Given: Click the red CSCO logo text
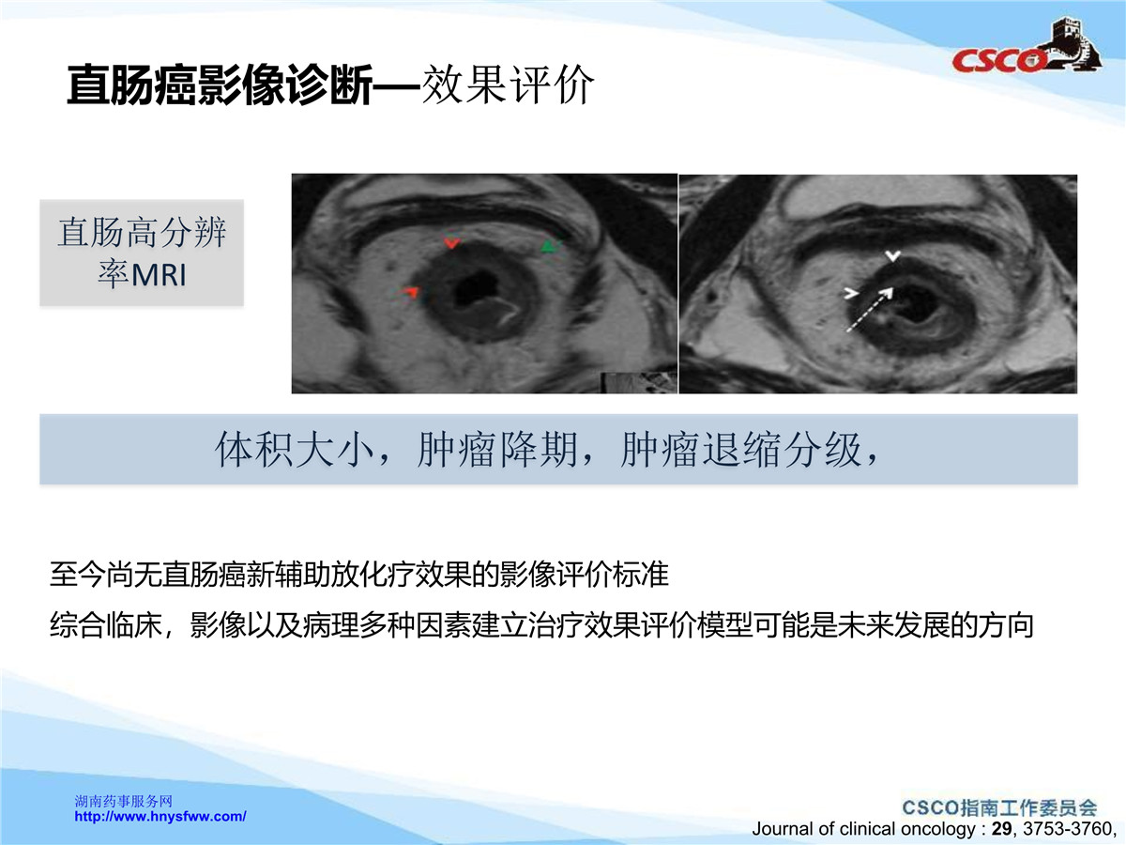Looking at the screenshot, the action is click(997, 60).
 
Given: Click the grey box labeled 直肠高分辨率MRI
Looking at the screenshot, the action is click(142, 253).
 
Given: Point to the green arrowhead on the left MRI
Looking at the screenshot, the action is click(552, 246).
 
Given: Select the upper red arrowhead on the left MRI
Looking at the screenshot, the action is click(451, 242).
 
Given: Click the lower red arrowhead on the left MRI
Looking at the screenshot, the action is click(410, 292).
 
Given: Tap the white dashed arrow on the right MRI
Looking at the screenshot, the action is click(870, 310).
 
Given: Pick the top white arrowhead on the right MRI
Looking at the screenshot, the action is click(893, 255).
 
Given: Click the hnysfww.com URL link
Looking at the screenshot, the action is click(160, 816).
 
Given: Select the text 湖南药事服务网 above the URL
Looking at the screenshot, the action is click(123, 802).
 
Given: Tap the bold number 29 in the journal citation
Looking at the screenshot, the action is click(1002, 829).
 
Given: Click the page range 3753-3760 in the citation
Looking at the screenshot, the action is click(1066, 829).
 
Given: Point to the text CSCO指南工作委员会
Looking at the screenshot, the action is click(999, 808).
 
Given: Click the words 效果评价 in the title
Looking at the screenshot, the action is click(508, 84).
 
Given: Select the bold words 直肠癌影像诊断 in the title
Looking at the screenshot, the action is click(220, 84).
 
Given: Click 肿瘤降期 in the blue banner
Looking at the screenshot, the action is click(497, 450).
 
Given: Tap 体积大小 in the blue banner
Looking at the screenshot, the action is click(295, 450).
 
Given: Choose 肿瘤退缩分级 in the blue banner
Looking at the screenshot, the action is click(740, 450).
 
